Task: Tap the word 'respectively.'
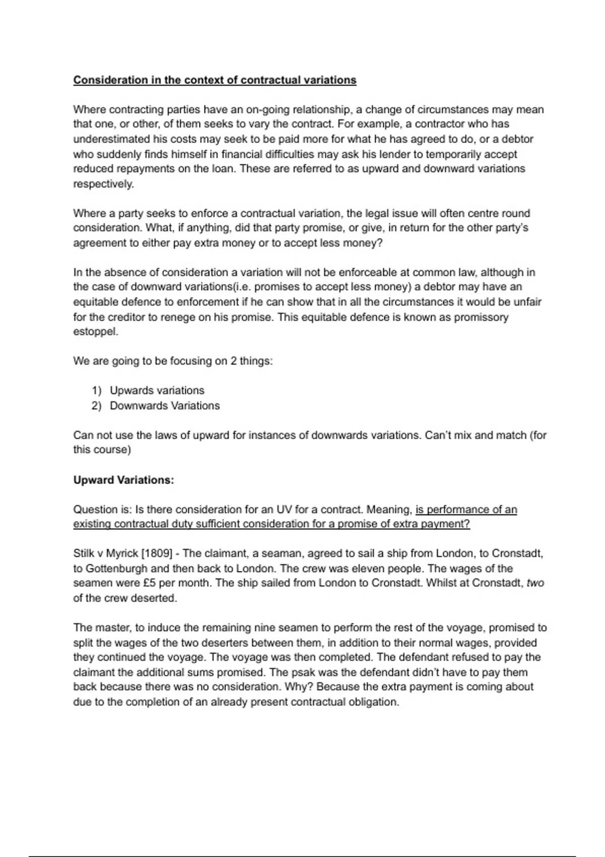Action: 104,184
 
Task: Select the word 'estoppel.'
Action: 96,332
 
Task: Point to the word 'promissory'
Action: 483,317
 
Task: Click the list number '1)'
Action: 97,391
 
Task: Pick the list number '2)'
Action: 97,406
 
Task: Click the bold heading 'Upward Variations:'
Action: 124,480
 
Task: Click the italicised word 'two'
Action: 535,583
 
